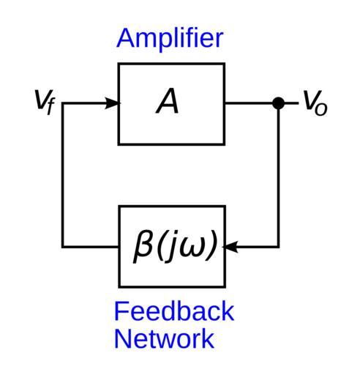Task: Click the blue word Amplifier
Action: (x=170, y=38)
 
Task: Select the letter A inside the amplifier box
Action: (x=168, y=101)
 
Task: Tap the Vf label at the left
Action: (x=45, y=102)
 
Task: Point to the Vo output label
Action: (x=315, y=103)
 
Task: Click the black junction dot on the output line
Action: (x=278, y=103)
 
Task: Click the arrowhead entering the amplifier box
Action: (x=112, y=103)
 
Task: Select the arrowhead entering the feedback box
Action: (x=230, y=247)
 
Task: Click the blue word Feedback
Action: (x=174, y=311)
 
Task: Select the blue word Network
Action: (x=164, y=338)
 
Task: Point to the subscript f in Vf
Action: (x=50, y=105)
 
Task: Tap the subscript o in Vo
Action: (x=320, y=109)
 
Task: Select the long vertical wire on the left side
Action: (x=63, y=175)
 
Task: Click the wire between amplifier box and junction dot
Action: (x=248, y=103)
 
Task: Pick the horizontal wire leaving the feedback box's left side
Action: (x=90, y=247)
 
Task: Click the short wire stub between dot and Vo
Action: (x=291, y=103)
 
